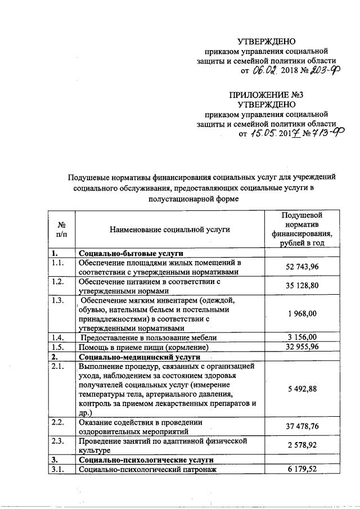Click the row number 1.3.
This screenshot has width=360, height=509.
[x=57, y=300]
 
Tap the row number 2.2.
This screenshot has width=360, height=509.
[x=57, y=421]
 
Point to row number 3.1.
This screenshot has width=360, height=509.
[x=57, y=469]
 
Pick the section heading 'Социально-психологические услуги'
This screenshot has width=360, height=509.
[x=147, y=460]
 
